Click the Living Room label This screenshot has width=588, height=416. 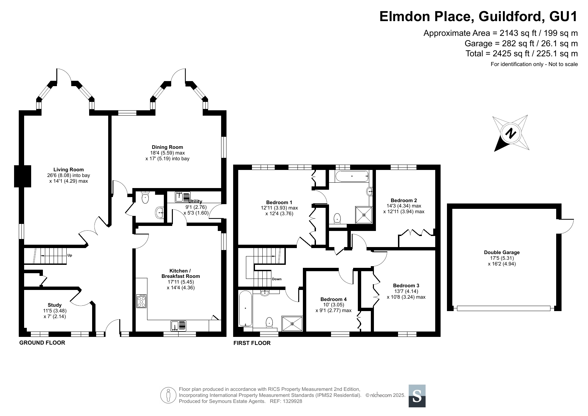pos(69,170)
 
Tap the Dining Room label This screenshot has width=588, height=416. pos(168,147)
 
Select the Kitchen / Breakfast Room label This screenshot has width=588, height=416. pos(181,274)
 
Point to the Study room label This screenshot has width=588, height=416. pos(55,305)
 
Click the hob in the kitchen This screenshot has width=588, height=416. pos(141,301)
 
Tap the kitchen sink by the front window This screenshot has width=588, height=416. pos(179,326)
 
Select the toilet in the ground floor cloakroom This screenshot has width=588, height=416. pos(145,197)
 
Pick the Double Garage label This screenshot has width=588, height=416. pos(502,252)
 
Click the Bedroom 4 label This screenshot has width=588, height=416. pos(333,299)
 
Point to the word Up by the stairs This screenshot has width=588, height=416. pos(70,255)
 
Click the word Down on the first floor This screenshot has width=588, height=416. pos(277,279)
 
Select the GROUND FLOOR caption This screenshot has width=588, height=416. pos(42,343)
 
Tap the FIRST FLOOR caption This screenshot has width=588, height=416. pos(252,343)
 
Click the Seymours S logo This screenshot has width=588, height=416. pos(417,396)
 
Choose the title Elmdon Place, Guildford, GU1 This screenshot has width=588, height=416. pos(478,17)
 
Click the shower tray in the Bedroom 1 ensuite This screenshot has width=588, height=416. pos(364,215)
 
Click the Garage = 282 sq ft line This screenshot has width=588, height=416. pos(521,44)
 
